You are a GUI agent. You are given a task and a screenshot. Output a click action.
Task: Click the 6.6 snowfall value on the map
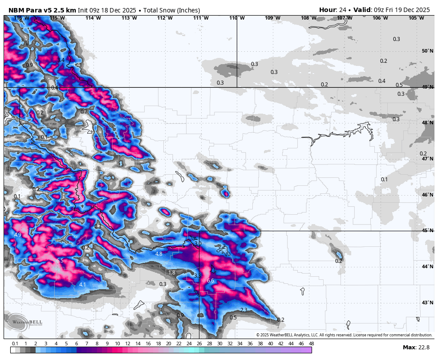[211, 281]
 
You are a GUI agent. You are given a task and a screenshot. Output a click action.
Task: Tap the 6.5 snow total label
[60, 261]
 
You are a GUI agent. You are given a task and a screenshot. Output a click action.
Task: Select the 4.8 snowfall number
[159, 254]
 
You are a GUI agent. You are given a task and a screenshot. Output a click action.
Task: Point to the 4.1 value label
[82, 285]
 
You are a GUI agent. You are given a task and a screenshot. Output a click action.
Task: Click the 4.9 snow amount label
[18, 235]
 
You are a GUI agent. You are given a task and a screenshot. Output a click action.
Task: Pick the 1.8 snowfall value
[172, 273]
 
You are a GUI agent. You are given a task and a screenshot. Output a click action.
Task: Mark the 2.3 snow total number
[244, 310]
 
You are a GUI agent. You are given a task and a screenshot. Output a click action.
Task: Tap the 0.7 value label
[84, 112]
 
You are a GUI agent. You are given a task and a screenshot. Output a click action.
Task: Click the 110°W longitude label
[237, 18]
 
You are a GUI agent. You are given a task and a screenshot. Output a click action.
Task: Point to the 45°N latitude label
[427, 231]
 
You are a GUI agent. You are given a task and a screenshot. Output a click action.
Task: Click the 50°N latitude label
[427, 51]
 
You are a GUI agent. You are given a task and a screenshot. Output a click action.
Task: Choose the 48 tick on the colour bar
[311, 344]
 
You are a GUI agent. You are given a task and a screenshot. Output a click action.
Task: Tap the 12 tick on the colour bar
[128, 344]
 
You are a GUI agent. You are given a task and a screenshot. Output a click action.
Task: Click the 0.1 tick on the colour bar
[15, 344]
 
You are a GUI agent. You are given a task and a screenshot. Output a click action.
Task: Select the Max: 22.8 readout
[416, 348]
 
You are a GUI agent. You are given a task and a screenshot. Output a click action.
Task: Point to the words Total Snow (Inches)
[171, 10]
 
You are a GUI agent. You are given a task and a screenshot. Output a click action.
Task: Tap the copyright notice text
[344, 335]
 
